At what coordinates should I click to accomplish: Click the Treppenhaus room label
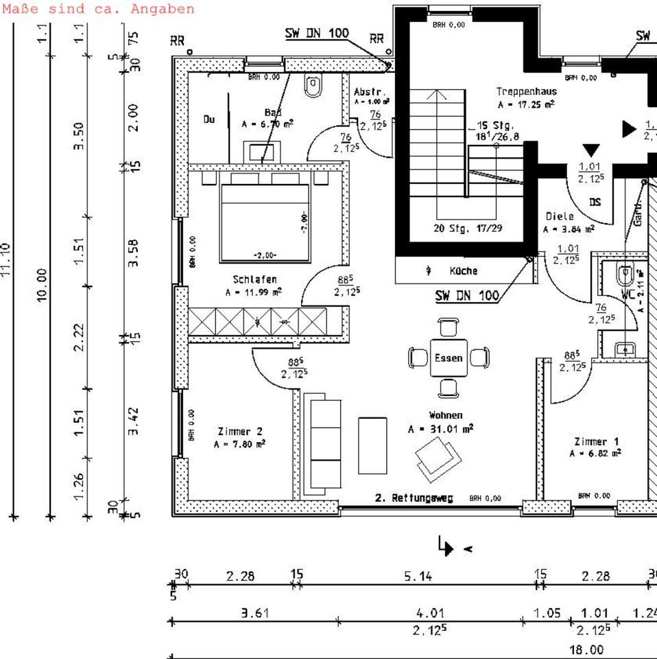tap(526, 91)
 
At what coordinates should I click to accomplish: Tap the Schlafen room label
tap(254, 279)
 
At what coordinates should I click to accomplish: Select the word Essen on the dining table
tap(449, 358)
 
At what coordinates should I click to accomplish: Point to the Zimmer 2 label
tap(239, 432)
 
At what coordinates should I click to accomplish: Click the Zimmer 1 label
tap(596, 441)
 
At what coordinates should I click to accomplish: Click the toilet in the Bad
tap(313, 86)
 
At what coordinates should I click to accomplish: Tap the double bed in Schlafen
tap(265, 220)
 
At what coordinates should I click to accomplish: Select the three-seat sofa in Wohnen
tap(322, 443)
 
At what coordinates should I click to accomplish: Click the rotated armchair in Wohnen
tap(437, 457)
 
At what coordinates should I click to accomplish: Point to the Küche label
tap(463, 271)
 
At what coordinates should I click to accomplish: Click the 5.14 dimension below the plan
tap(418, 577)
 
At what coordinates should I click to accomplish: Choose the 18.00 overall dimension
tap(586, 649)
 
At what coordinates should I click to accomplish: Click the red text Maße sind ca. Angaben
tap(98, 9)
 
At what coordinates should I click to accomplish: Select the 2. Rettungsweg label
tap(414, 498)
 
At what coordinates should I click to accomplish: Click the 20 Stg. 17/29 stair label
tap(468, 228)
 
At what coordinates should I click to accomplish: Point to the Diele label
tap(560, 216)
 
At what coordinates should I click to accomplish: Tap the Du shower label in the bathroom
tap(208, 119)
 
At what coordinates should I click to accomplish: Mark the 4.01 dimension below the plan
tap(430, 613)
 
